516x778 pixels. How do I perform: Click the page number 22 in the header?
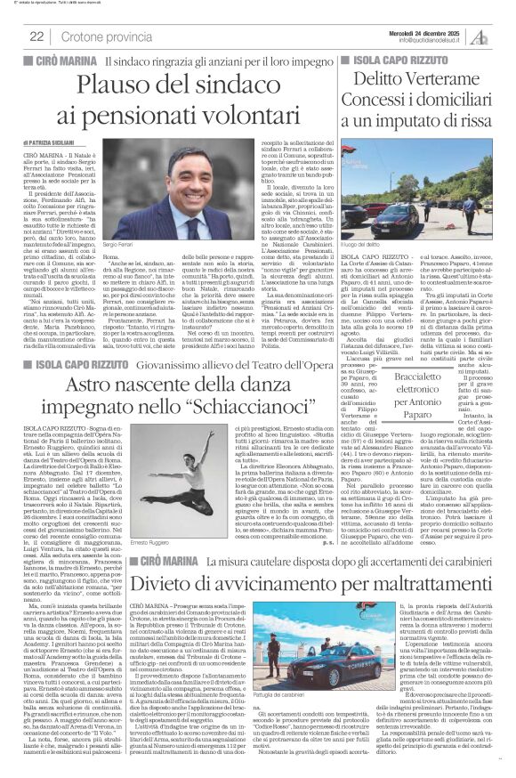point(36,36)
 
